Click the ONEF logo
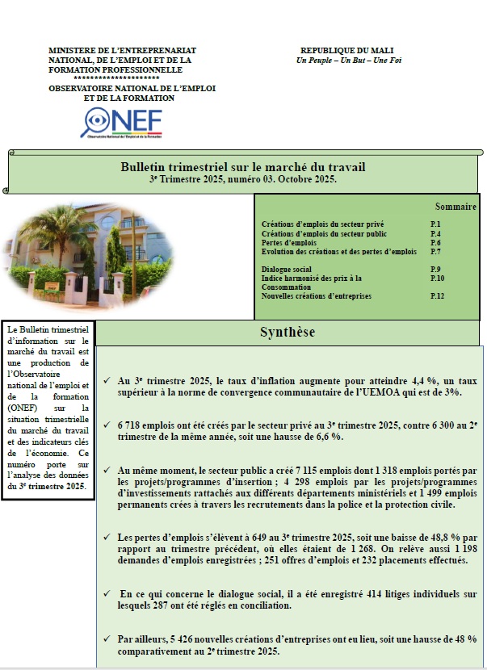pos(121,122)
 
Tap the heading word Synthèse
pos(288,333)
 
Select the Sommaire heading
pos(456,207)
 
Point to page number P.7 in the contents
pos(435,252)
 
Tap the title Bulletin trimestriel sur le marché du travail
pos(242,167)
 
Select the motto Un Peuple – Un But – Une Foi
pos(338,60)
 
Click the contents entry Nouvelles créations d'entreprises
pos(317,296)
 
